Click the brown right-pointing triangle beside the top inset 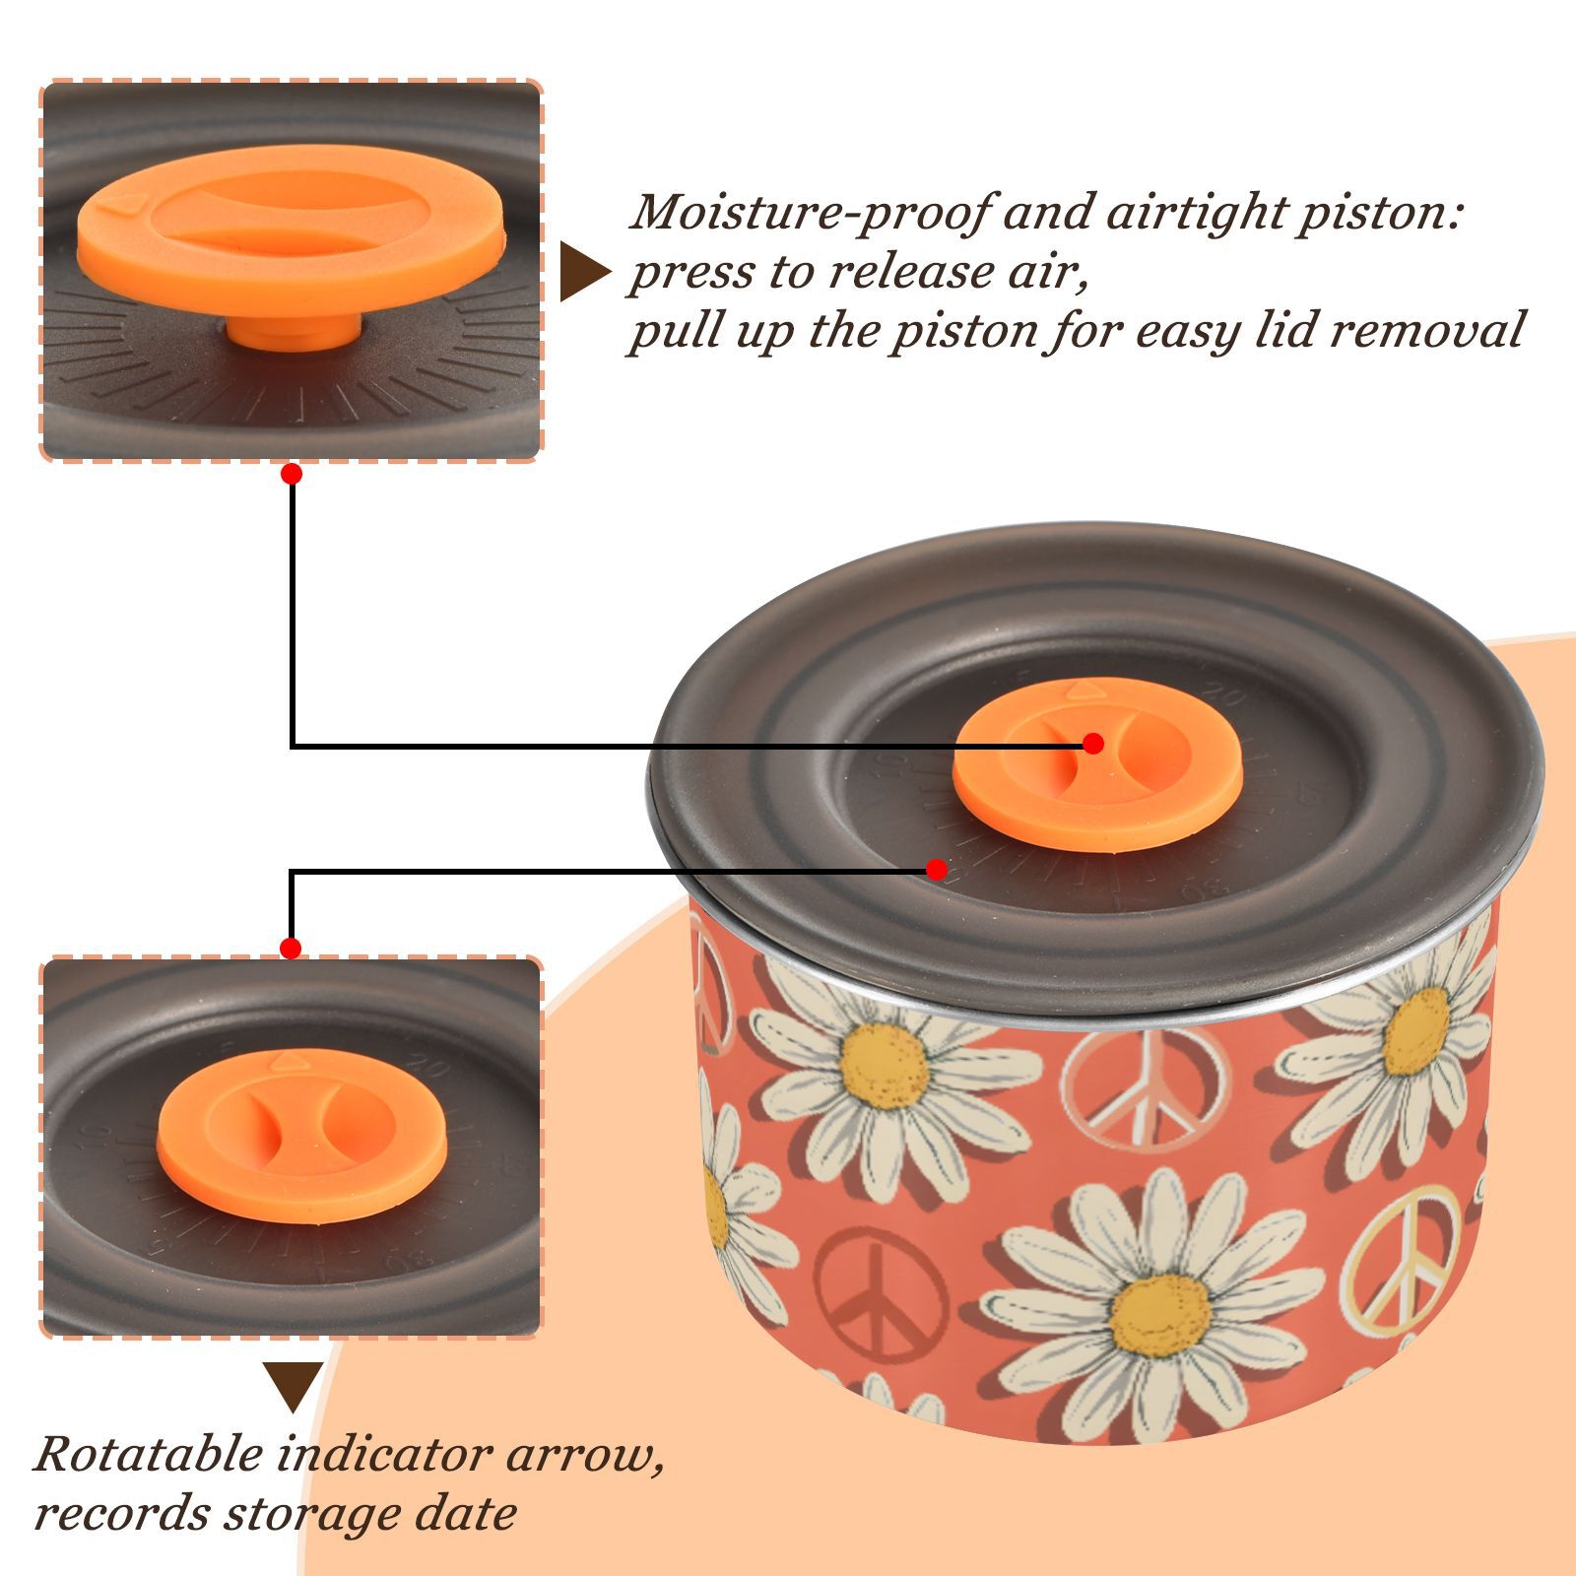585,272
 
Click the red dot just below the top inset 291,474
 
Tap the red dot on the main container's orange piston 1092,744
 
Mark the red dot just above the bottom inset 291,949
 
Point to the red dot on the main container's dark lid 937,870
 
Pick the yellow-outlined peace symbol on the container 1400,1258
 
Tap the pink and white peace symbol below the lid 1145,1089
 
